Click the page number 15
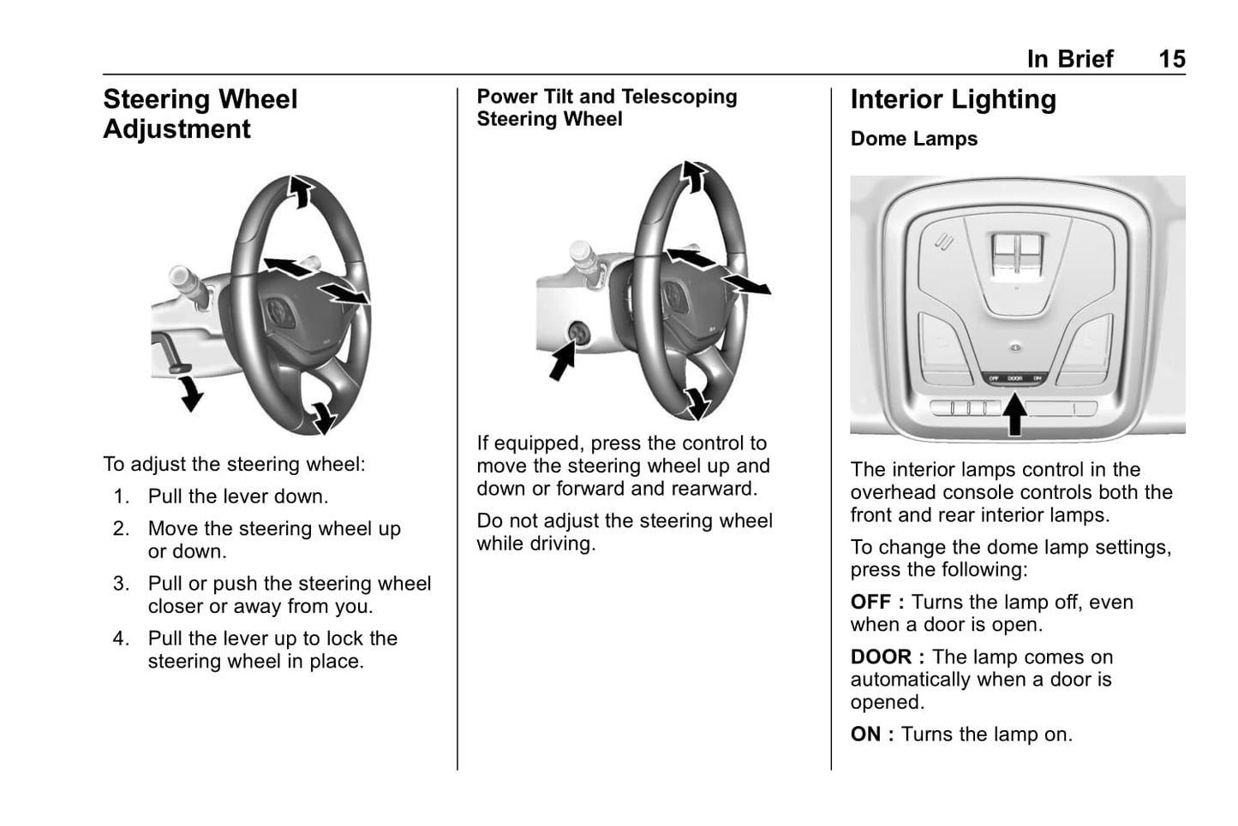[x=1171, y=59]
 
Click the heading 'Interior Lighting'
[x=953, y=100]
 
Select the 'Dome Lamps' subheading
[x=913, y=139]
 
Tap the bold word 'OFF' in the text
[x=870, y=603]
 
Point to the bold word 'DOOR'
[x=881, y=657]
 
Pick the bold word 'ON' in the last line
[x=865, y=734]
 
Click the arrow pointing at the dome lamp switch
[x=1014, y=413]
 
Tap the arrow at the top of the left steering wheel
[x=299, y=190]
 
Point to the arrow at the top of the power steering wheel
[x=692, y=176]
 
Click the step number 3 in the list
[x=121, y=584]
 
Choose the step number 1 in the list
[x=121, y=496]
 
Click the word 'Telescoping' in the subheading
[x=683, y=97]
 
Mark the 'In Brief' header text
[x=1069, y=59]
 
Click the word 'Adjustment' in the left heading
[x=176, y=129]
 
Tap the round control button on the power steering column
[x=578, y=332]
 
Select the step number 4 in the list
[x=121, y=639]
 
